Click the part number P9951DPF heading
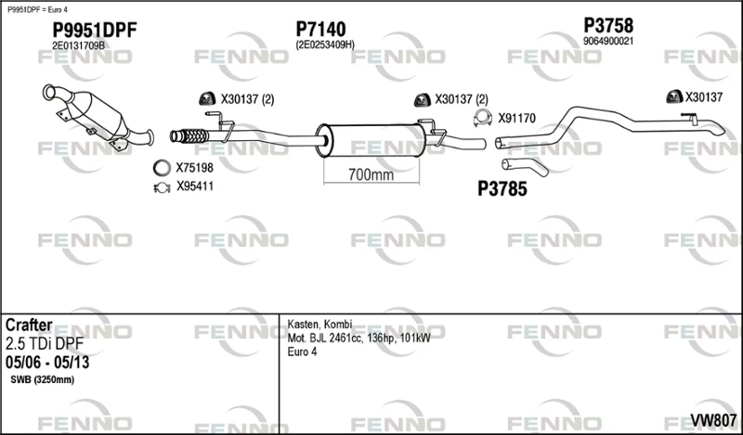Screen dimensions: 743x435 click(95, 31)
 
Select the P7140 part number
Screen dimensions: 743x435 click(320, 30)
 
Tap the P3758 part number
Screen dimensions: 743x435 click(608, 25)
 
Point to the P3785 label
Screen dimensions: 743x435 click(502, 189)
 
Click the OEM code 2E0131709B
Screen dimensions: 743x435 click(78, 45)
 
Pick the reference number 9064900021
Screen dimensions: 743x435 click(608, 41)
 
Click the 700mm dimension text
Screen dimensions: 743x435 click(371, 174)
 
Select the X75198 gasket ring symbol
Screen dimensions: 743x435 click(162, 168)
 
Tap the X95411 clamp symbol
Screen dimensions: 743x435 click(162, 187)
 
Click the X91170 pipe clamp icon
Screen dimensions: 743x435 click(482, 118)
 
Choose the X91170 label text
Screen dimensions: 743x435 click(516, 118)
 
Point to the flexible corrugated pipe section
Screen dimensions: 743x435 click(189, 135)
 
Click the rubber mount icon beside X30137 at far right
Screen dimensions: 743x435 click(674, 96)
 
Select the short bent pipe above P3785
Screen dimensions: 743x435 click(525, 167)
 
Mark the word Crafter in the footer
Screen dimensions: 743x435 click(29, 326)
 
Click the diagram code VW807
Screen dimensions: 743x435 click(713, 420)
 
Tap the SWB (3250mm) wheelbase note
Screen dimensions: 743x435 click(42, 379)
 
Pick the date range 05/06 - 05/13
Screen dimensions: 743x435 click(47, 363)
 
